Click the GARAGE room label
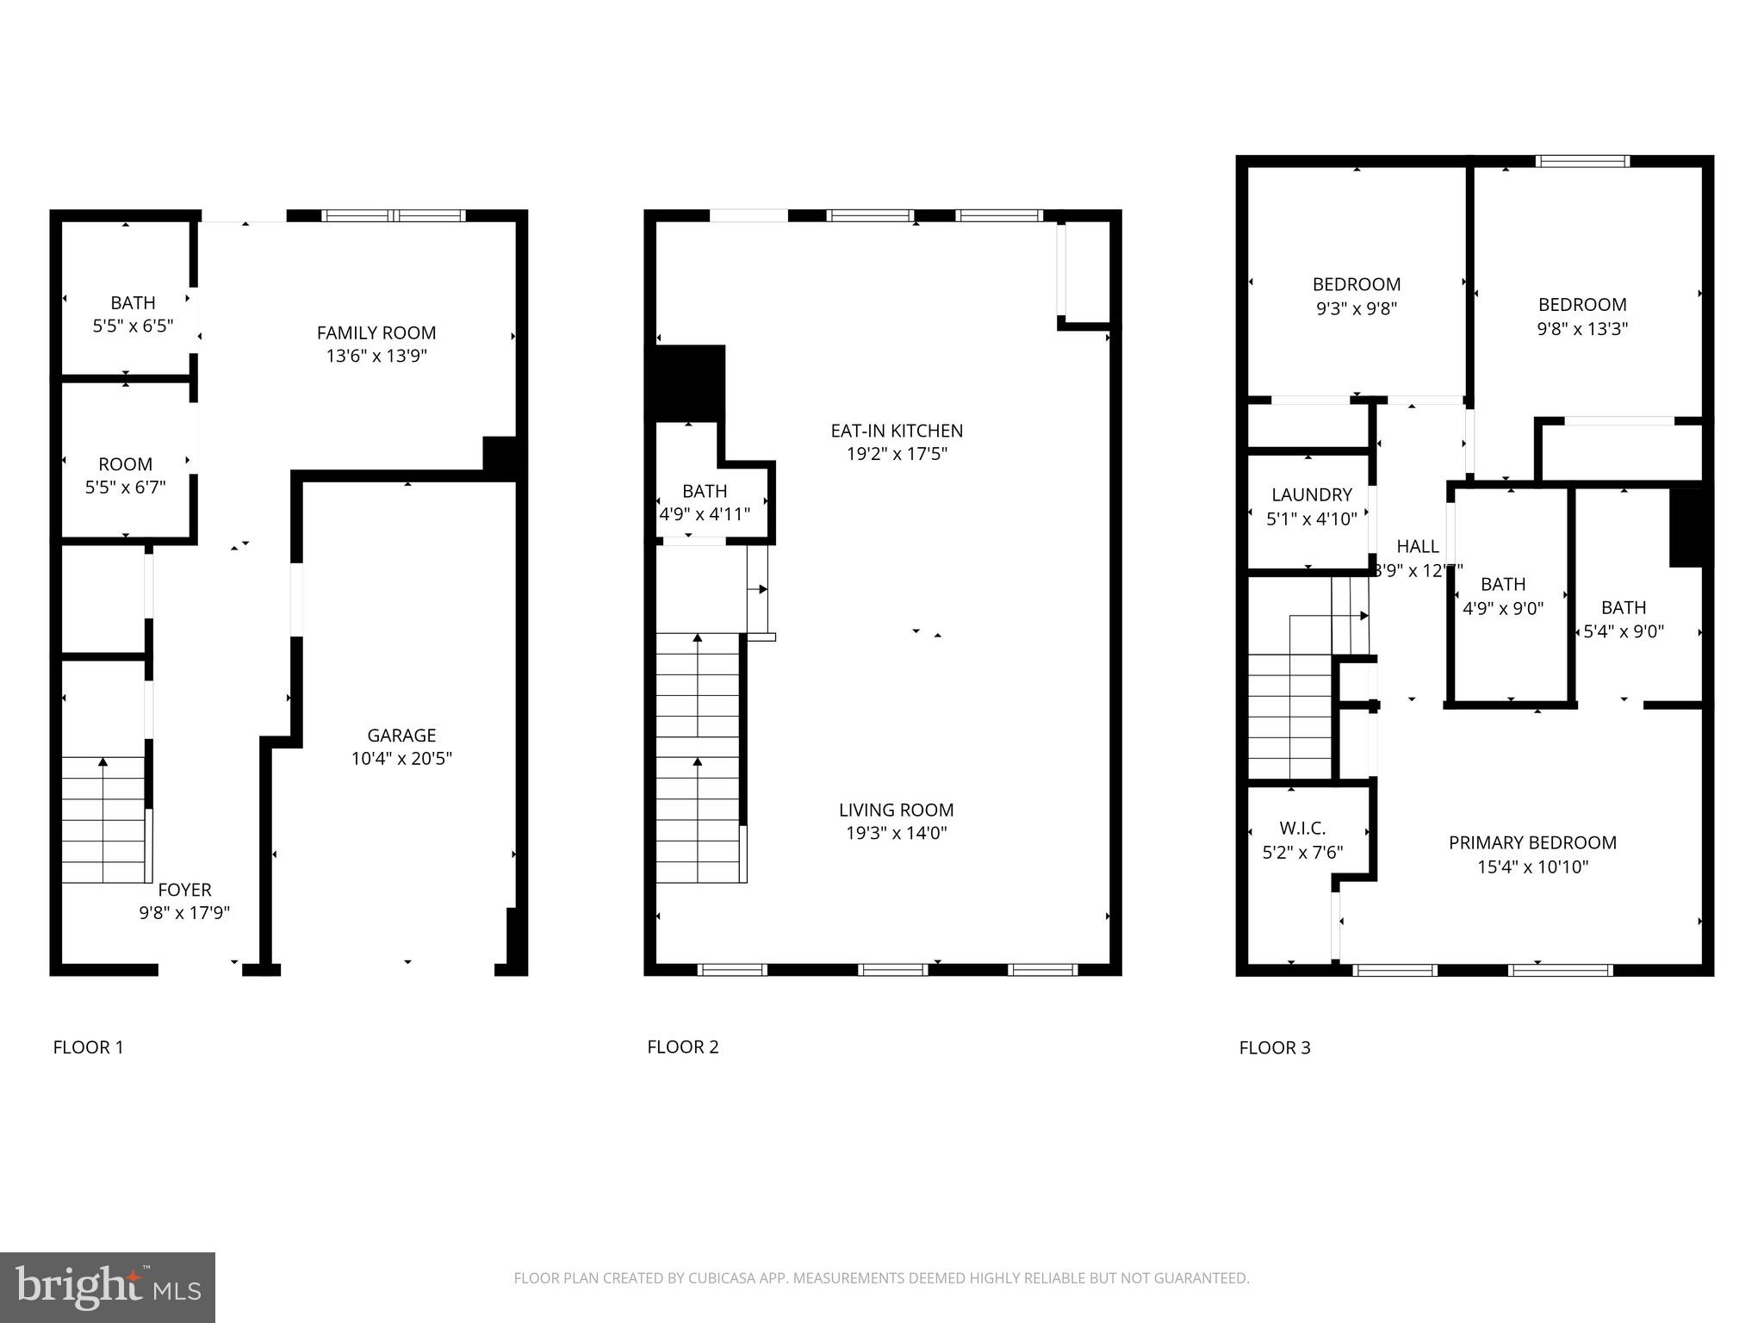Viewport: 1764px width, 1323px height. [x=401, y=736]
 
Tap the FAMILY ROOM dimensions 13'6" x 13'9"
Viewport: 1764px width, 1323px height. [x=376, y=356]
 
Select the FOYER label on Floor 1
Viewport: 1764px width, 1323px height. [x=184, y=890]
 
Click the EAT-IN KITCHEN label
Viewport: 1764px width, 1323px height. [x=897, y=431]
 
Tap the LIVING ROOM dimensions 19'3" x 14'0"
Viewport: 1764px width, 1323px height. [x=896, y=833]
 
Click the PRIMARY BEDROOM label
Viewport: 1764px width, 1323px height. [x=1532, y=843]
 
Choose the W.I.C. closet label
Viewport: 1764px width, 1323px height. [x=1302, y=829]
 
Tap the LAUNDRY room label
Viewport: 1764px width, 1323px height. [x=1312, y=495]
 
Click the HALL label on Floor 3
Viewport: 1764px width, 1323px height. [x=1417, y=546]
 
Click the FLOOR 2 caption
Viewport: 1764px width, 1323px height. [x=682, y=1047]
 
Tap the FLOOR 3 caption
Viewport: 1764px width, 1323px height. [x=1275, y=1047]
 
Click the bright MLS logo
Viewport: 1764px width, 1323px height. [x=108, y=1287]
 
